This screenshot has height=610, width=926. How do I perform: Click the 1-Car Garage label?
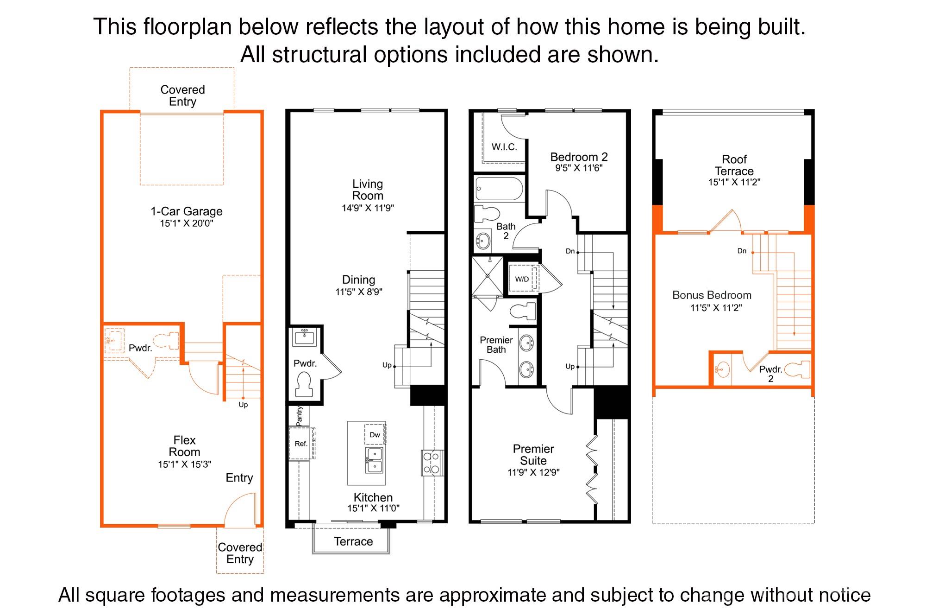click(x=186, y=211)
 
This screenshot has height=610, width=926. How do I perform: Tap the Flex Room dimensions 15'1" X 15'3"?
click(x=184, y=464)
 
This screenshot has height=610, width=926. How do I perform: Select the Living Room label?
click(x=368, y=190)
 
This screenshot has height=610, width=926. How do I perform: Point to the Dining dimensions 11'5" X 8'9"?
click(x=359, y=292)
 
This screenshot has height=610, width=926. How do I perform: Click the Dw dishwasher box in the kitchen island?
click(x=375, y=435)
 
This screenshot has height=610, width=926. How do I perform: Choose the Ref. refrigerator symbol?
click(x=301, y=444)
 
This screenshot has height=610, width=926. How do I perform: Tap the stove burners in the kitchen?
click(x=432, y=463)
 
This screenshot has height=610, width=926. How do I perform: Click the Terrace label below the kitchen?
click(x=353, y=541)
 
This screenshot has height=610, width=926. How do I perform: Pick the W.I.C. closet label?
click(x=504, y=147)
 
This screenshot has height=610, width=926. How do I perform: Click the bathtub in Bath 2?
click(x=499, y=188)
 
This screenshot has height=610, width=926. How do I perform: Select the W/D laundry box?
click(x=522, y=279)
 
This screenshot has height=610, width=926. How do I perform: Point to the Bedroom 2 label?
click(x=579, y=157)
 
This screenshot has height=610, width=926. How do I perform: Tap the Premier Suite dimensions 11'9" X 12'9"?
click(x=533, y=473)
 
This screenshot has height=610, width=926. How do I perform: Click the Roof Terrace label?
click(x=734, y=165)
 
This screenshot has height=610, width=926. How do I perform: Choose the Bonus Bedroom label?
click(x=712, y=295)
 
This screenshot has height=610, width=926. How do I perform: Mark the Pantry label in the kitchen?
click(x=300, y=416)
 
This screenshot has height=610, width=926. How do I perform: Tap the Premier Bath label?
click(x=496, y=345)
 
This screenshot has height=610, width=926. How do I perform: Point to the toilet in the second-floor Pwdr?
click(x=304, y=384)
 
